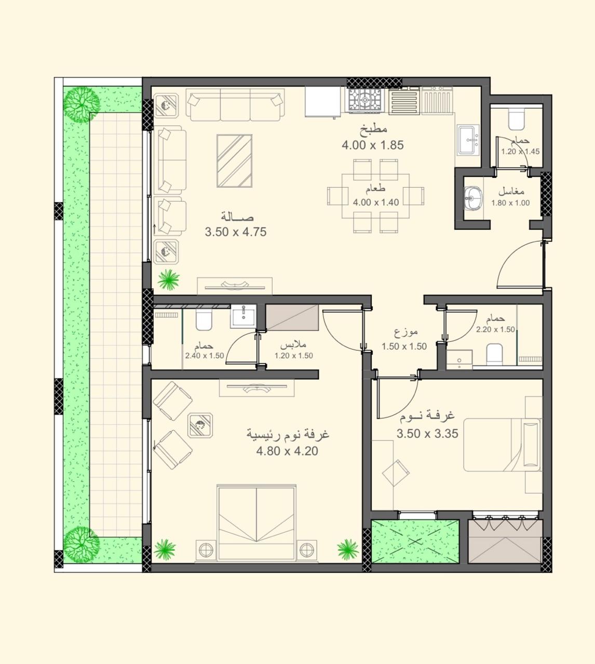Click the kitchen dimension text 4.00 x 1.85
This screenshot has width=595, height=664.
(x=373, y=145)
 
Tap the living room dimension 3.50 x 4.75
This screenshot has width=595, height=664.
(x=236, y=232)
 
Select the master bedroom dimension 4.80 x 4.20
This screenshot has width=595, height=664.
(x=287, y=451)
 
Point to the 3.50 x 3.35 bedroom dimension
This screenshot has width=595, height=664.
(x=427, y=434)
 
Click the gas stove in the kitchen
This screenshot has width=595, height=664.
(x=365, y=100)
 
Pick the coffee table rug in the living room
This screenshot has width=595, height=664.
(x=234, y=161)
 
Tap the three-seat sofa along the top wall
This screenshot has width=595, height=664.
(x=235, y=105)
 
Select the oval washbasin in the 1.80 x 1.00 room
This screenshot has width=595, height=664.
(x=474, y=198)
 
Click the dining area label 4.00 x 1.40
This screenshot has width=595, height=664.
(x=376, y=202)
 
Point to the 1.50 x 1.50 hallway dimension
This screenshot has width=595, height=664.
(x=404, y=347)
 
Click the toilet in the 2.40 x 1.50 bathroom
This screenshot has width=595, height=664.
(x=204, y=320)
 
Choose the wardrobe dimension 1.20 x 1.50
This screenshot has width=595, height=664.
(x=293, y=355)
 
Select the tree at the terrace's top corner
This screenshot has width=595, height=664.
(x=82, y=104)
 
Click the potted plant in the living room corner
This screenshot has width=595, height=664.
(x=169, y=280)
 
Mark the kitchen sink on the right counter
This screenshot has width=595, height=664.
(x=468, y=140)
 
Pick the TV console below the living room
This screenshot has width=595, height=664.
(x=235, y=286)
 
